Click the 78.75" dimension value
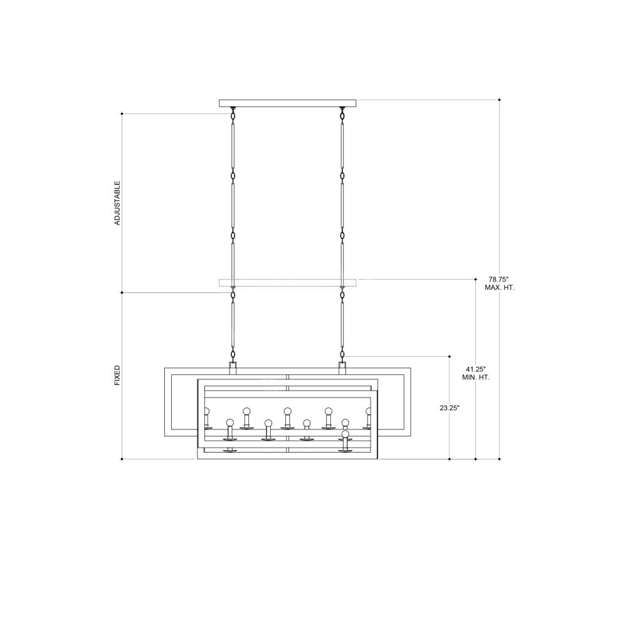click(498, 279)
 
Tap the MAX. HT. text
click(500, 288)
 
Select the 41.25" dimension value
click(475, 369)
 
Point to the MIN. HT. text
click(475, 377)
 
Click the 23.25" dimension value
click(450, 408)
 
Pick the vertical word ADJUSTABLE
click(117, 203)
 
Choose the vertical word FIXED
click(117, 375)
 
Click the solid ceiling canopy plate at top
click(288, 103)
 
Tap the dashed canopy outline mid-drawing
click(288, 283)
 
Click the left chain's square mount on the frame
click(233, 368)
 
